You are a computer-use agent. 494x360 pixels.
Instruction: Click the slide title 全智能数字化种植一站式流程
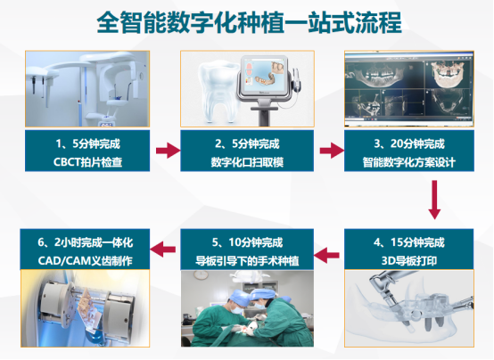(x=249, y=22)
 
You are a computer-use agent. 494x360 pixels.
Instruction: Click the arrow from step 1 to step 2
(x=168, y=151)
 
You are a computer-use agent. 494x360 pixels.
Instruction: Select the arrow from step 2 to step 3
(x=332, y=151)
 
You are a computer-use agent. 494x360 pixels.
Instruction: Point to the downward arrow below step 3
(x=434, y=200)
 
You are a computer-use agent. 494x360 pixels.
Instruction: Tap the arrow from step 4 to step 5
(x=326, y=255)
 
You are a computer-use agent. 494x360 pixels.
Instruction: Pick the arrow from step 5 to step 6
(x=162, y=250)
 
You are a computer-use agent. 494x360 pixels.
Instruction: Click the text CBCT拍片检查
(x=87, y=162)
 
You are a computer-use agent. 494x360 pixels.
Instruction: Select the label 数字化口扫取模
(x=247, y=162)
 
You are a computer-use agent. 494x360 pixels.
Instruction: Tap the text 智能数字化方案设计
(x=409, y=162)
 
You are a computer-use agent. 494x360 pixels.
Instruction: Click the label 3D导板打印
(x=409, y=261)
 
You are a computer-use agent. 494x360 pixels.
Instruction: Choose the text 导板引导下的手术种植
(x=247, y=261)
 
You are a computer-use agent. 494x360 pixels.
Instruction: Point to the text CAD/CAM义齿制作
(x=85, y=261)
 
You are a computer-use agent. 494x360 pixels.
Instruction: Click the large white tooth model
(x=218, y=92)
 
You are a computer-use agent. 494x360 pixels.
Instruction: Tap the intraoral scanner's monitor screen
(x=263, y=76)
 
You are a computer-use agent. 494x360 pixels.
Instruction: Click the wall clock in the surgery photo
(x=201, y=275)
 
